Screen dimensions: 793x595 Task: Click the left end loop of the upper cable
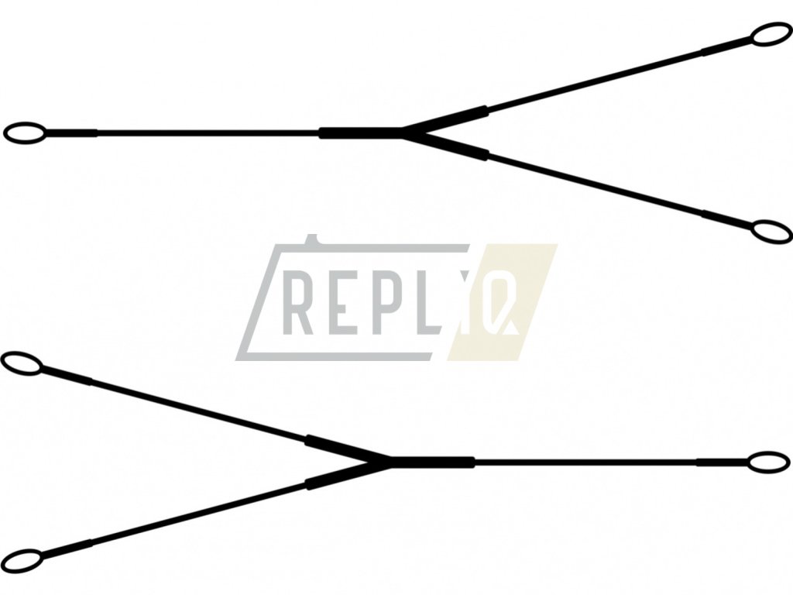(x=22, y=133)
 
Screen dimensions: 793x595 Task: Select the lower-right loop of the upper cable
(x=771, y=232)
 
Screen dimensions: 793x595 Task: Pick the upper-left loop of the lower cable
(x=21, y=363)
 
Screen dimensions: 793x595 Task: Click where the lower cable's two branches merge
(x=386, y=463)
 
